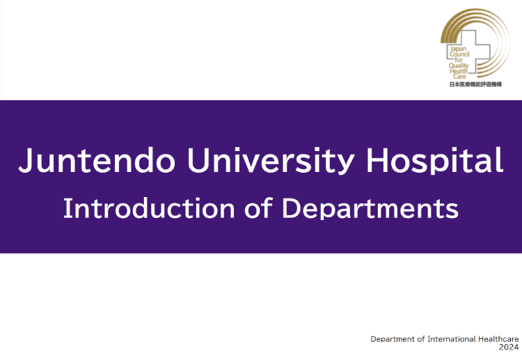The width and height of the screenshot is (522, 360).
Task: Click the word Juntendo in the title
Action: (x=97, y=161)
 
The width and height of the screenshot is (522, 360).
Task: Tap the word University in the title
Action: (x=271, y=161)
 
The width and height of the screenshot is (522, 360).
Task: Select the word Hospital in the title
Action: (x=435, y=161)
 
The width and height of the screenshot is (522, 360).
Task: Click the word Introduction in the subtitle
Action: (x=149, y=208)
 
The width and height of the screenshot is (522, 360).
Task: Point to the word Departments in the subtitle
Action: (x=370, y=209)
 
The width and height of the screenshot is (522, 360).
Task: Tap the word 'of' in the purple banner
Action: (x=259, y=208)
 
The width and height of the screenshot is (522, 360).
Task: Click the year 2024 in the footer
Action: (x=509, y=347)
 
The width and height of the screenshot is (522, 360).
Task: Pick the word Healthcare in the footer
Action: (x=498, y=339)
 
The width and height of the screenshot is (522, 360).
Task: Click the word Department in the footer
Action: (x=393, y=339)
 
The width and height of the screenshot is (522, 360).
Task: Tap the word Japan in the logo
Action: (x=458, y=49)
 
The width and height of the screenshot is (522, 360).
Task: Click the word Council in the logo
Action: (x=459, y=54)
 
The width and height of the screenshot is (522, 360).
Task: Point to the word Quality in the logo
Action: (x=459, y=66)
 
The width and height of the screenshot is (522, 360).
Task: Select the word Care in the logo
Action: (x=459, y=77)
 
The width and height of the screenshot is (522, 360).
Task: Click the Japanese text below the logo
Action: (x=475, y=84)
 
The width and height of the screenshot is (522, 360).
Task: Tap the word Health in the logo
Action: (x=459, y=71)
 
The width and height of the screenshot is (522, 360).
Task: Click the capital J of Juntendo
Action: (x=25, y=161)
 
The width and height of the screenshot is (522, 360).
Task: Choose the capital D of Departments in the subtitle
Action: (x=292, y=208)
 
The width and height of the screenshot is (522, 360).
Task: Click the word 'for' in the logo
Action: (x=459, y=60)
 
